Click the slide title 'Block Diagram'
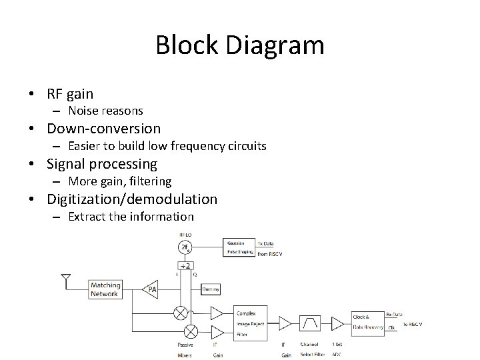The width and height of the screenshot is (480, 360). pyautogui.click(x=239, y=45)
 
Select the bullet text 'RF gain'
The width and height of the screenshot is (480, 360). pyautogui.click(x=70, y=93)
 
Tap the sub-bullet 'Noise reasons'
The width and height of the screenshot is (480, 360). pyautogui.click(x=105, y=111)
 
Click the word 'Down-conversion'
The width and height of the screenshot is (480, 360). pyautogui.click(x=103, y=128)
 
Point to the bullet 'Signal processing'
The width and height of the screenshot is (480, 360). pyautogui.click(x=101, y=163)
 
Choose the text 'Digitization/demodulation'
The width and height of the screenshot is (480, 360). pyautogui.click(x=131, y=199)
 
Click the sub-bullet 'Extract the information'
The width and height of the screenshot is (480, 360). pyautogui.click(x=131, y=216)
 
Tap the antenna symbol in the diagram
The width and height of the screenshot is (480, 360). pyautogui.click(x=65, y=279)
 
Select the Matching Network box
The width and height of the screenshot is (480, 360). pyautogui.click(x=105, y=289)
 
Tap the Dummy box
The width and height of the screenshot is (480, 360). pyautogui.click(x=211, y=289)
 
